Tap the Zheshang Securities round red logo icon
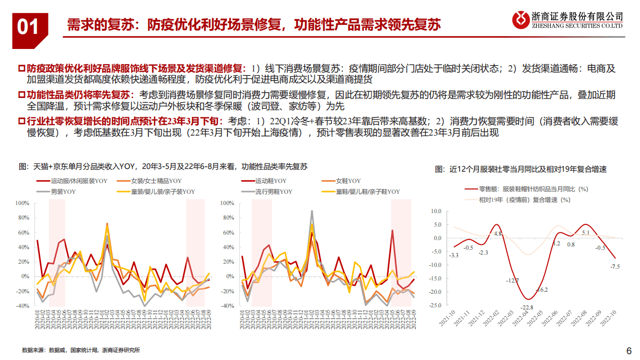click(520, 20)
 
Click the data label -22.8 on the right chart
click(527, 307)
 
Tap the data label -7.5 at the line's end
click(615, 266)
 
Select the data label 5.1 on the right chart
click(586, 233)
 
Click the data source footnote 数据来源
click(81, 350)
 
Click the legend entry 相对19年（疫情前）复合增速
click(524, 199)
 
